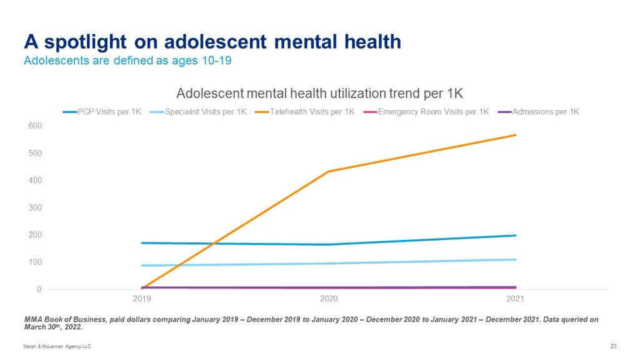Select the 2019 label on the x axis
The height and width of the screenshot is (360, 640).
(x=142, y=299)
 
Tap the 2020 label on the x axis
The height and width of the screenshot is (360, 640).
(x=329, y=299)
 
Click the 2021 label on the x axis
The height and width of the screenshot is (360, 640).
(x=516, y=299)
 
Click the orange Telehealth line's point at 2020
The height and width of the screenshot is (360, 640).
(x=329, y=171)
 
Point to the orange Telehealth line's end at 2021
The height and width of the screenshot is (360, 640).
(x=516, y=135)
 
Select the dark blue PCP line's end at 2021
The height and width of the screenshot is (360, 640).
(x=516, y=236)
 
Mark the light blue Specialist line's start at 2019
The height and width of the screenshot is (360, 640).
(x=142, y=266)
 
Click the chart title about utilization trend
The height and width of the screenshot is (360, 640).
(x=319, y=94)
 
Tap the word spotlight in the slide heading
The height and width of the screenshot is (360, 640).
(x=79, y=42)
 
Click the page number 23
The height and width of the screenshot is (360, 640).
(x=612, y=346)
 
